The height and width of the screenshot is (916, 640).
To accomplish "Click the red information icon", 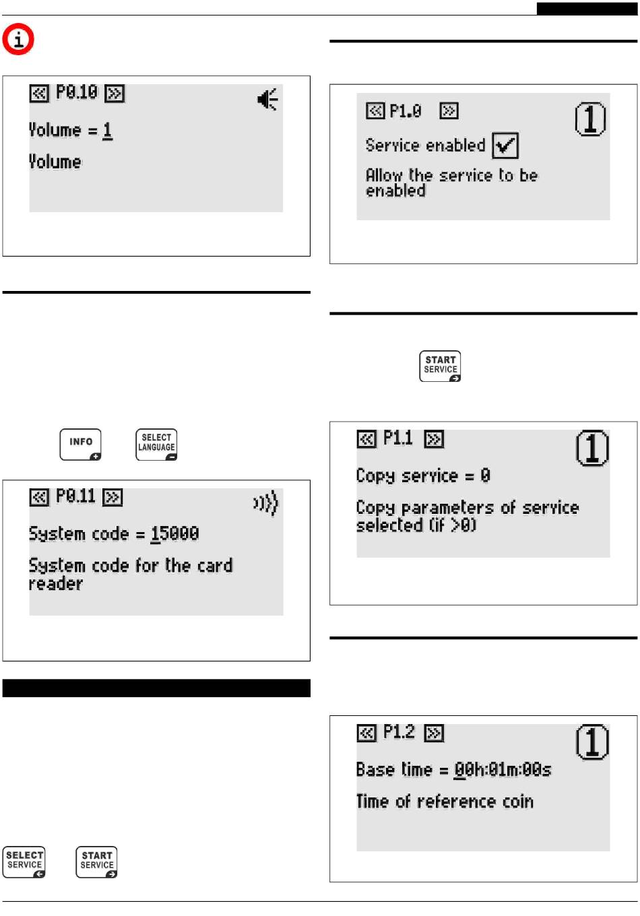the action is click(x=18, y=39).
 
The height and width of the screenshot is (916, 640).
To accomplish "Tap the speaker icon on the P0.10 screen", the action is click(x=267, y=99).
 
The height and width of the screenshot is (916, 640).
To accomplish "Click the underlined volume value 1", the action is click(x=108, y=131).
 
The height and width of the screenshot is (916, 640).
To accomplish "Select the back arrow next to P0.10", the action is click(x=39, y=93).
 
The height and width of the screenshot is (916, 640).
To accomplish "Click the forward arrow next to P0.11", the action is click(x=113, y=498).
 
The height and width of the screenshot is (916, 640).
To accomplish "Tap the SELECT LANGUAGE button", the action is click(x=156, y=445).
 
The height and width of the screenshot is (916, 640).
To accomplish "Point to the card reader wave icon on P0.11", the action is click(x=265, y=502).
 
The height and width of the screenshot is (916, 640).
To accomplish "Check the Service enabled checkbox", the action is click(x=505, y=145).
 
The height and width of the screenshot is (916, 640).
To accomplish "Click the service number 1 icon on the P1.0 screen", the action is click(x=590, y=119).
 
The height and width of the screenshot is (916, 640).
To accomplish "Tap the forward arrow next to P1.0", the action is click(x=449, y=111).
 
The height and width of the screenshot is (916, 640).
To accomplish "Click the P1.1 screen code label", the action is click(x=397, y=438).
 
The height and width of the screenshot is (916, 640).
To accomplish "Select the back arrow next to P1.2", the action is click(x=366, y=733).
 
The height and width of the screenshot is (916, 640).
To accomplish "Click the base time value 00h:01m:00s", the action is click(x=503, y=770).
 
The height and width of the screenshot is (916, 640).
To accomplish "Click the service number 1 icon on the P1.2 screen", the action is click(x=592, y=742).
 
